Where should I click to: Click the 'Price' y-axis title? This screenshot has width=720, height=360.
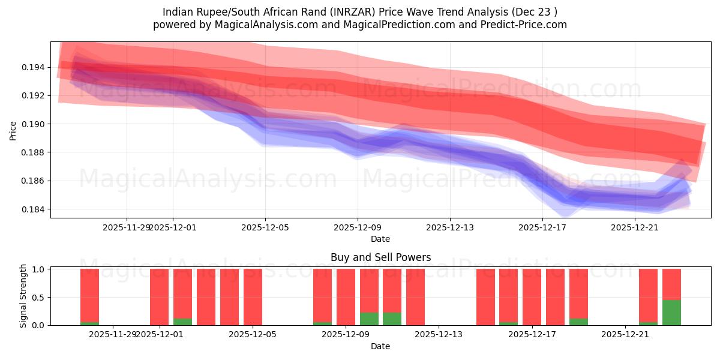(13, 130)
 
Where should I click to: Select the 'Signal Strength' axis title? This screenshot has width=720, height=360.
(23, 296)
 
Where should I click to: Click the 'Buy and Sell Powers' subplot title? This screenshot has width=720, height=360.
(380, 257)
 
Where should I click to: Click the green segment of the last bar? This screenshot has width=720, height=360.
(671, 313)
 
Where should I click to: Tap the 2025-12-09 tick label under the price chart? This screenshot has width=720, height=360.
(358, 227)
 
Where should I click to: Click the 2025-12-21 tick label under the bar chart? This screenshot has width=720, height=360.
(625, 334)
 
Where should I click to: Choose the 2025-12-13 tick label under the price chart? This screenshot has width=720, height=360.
(450, 227)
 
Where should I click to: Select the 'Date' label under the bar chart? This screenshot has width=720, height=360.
(380, 346)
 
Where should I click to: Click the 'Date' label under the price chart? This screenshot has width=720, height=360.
(380, 239)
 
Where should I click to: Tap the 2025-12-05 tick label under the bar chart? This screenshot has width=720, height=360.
(253, 334)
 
